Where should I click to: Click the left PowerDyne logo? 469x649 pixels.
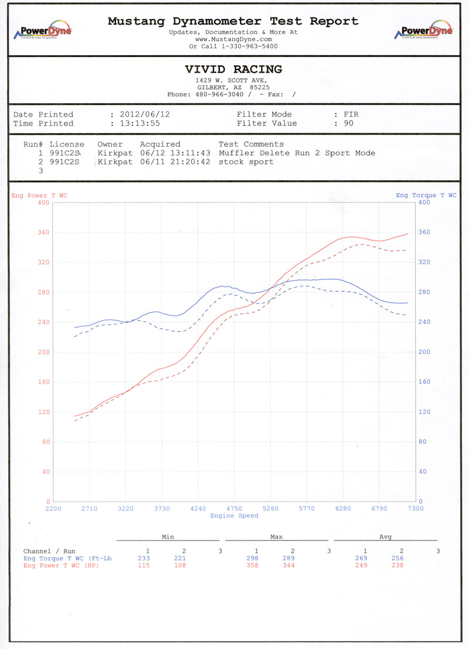(x=42, y=31)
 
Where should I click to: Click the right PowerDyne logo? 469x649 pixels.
(x=426, y=31)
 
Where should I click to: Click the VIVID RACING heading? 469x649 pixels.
(x=233, y=69)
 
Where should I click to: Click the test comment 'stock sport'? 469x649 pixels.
(x=246, y=161)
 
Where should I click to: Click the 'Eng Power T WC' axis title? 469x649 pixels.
(x=39, y=195)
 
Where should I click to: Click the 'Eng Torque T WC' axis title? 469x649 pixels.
(x=426, y=195)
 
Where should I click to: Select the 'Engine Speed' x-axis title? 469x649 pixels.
(x=234, y=516)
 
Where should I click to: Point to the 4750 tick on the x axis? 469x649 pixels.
(x=234, y=509)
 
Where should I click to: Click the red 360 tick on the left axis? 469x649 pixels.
(x=43, y=232)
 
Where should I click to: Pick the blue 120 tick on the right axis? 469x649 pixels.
(x=424, y=412)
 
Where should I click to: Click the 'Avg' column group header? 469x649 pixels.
(x=385, y=536)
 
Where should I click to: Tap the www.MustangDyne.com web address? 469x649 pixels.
(x=233, y=39)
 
